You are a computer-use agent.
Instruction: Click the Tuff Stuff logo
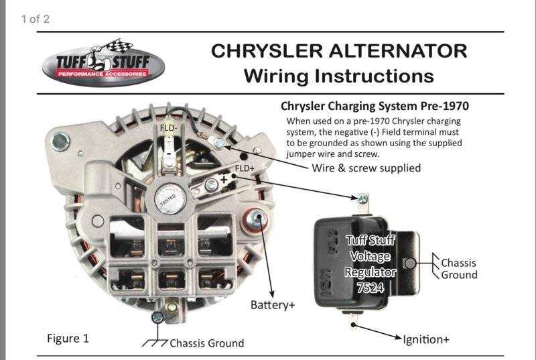tap(103, 62)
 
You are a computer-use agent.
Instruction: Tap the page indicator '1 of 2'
tap(35, 19)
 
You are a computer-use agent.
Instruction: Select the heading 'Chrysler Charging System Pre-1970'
tap(374, 106)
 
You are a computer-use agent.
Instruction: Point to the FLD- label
tap(167, 127)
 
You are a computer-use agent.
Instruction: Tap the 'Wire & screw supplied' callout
tap(366, 168)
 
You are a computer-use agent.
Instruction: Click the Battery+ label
tap(273, 305)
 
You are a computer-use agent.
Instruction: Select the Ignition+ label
tap(426, 339)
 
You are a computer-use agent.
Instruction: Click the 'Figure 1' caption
tap(68, 338)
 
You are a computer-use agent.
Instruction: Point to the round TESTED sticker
tap(169, 198)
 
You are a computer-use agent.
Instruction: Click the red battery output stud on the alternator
tap(255, 219)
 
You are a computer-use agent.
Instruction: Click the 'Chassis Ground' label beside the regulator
tap(459, 268)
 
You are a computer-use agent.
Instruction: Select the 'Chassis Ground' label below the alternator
tap(206, 343)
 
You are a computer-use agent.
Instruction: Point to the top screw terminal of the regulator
tap(362, 198)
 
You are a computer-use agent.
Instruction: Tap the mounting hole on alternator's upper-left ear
tap(61, 140)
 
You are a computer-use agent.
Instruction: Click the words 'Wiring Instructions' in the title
tap(338, 75)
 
